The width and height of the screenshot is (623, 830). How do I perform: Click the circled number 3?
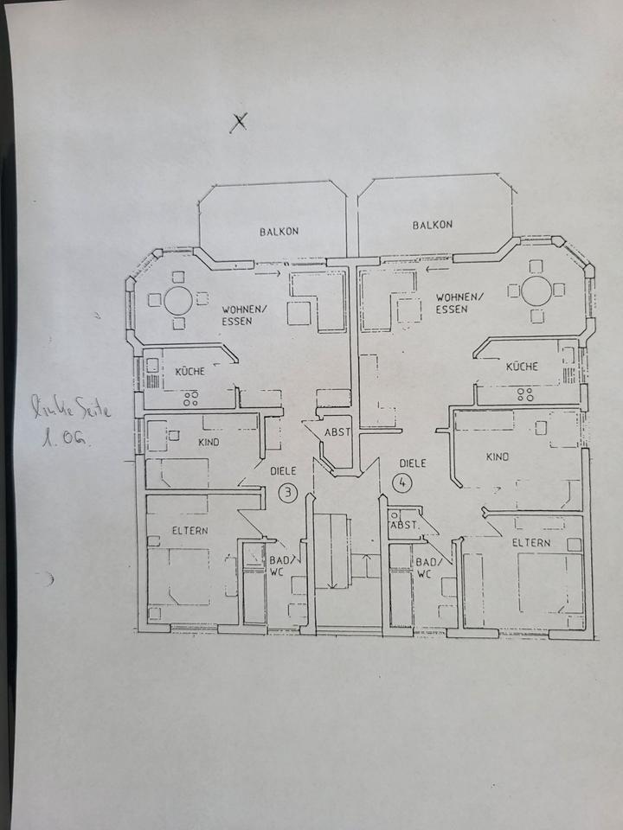287,493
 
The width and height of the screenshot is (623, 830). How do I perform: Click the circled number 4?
402,482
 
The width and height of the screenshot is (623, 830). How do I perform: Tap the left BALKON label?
279,232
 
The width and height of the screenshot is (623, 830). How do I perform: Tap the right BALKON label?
433,225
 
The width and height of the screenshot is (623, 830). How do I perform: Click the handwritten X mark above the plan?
239,123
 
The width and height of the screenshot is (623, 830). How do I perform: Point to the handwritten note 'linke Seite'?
71,407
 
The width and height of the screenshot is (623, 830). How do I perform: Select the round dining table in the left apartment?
178,301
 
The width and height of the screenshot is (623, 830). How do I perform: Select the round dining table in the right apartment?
536,291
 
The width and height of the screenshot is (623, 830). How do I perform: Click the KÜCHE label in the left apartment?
189,371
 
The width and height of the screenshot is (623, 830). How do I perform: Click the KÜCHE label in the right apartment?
522,367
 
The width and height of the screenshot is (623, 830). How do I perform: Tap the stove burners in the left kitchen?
190,398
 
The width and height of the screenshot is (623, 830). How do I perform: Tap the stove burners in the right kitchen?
525,394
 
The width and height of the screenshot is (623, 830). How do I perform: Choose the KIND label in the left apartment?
209,442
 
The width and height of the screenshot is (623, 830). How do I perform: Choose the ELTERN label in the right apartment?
530,543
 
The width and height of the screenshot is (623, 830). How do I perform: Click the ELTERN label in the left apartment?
189,530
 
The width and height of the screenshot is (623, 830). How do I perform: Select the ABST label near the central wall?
337,432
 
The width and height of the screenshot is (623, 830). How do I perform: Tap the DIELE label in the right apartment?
413,463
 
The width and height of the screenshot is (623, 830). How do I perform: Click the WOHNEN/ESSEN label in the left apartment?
241,315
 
